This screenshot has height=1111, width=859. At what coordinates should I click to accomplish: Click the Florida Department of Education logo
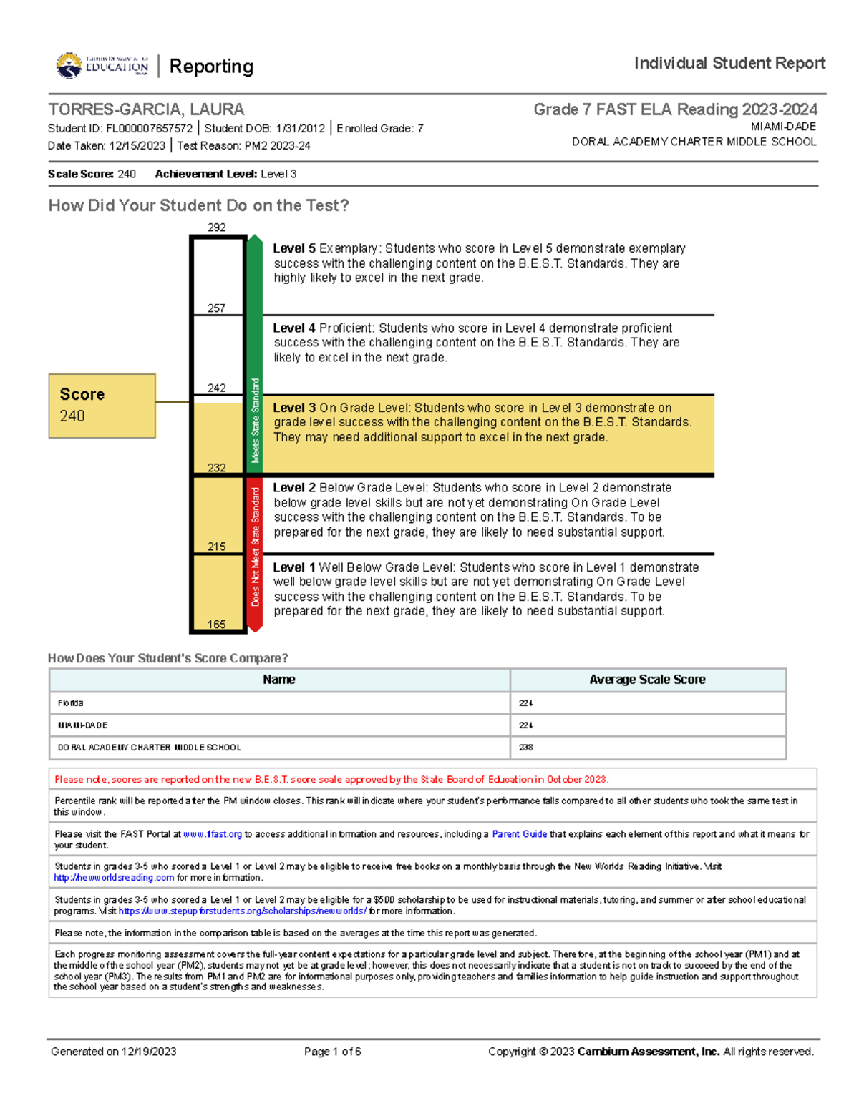click(x=102, y=66)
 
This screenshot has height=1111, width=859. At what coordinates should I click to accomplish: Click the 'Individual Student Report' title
click(x=729, y=64)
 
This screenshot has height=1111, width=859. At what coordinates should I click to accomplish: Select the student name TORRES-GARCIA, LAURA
click(x=146, y=109)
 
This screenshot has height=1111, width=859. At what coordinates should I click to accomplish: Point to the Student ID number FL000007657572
click(x=150, y=129)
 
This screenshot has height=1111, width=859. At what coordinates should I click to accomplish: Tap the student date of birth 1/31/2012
click(x=300, y=129)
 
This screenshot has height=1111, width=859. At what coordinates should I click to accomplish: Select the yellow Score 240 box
click(x=102, y=406)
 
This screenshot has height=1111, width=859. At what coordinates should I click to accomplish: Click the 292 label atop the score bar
click(x=217, y=227)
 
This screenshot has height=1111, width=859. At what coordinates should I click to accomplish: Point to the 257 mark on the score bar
click(x=217, y=308)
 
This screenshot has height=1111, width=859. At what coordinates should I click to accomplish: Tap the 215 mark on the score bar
click(x=217, y=547)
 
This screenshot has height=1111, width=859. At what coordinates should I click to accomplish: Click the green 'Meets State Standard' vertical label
click(x=256, y=421)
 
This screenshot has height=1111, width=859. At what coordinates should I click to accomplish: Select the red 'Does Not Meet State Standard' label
click(x=256, y=547)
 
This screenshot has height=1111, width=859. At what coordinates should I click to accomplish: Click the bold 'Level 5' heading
click(x=294, y=249)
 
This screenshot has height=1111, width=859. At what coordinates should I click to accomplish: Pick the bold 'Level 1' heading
click(x=294, y=567)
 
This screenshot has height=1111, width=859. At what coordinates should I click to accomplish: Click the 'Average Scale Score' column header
click(x=647, y=680)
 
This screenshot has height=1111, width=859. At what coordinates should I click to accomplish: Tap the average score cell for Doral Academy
click(x=526, y=748)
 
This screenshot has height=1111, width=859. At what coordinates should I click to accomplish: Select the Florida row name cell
click(x=71, y=703)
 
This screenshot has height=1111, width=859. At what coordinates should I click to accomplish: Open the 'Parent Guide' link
click(x=519, y=834)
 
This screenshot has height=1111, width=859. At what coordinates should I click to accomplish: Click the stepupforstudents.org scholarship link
click(x=243, y=911)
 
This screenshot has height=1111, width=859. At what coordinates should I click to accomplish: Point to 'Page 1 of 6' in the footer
click(x=332, y=1052)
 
